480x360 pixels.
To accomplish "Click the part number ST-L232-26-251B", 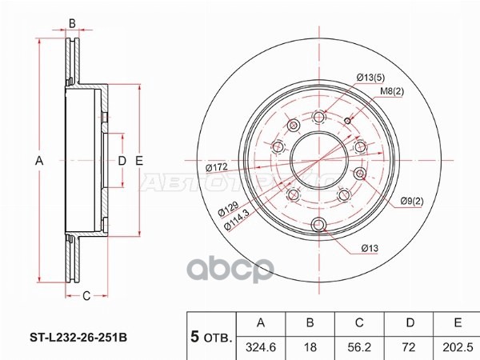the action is click(x=78, y=338).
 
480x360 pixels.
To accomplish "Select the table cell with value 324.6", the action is click(x=261, y=347).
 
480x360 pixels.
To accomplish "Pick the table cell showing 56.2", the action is click(x=359, y=347).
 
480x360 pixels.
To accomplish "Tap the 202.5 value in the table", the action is click(x=458, y=347).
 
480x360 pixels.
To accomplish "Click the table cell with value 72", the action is click(x=409, y=347).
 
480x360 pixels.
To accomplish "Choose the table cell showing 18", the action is click(x=310, y=347).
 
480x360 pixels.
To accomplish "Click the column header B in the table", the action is click(x=310, y=323).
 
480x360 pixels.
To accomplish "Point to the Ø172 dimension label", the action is click(x=217, y=167).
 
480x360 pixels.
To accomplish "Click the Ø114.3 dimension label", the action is click(x=236, y=219).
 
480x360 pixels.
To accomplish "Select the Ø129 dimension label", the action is click(x=228, y=210).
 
